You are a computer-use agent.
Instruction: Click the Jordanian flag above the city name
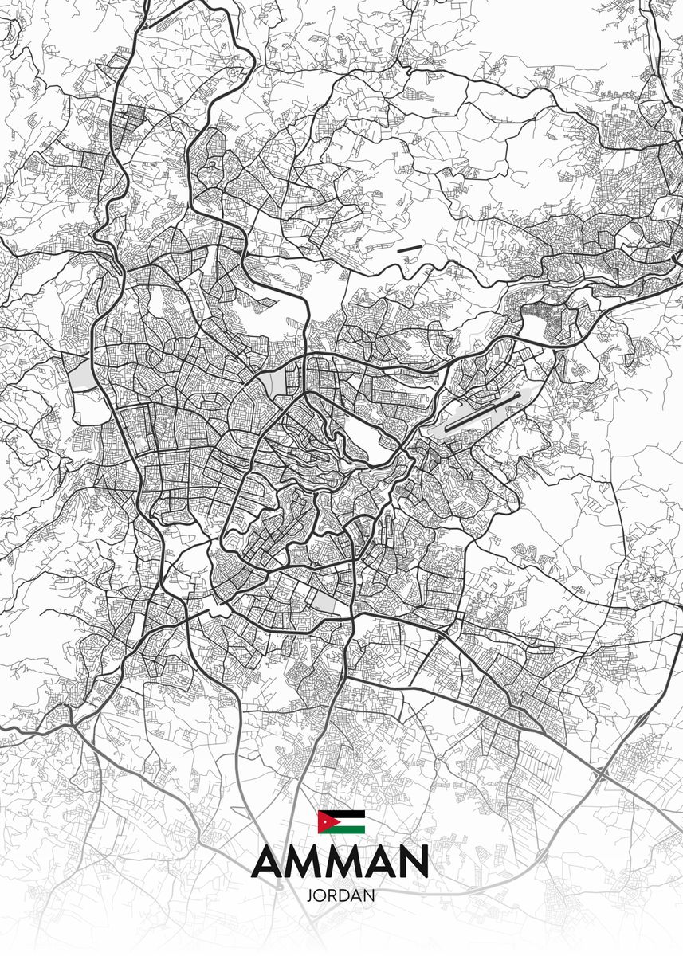click(x=341, y=821)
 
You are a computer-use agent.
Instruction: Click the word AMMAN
click(x=341, y=861)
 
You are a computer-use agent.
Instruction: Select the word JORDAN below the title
click(x=340, y=895)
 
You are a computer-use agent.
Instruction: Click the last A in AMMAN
click(x=377, y=862)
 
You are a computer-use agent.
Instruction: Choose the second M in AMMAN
click(x=341, y=862)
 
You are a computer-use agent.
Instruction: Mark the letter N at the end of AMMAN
click(x=414, y=862)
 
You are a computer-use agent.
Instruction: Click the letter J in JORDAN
click(x=309, y=895)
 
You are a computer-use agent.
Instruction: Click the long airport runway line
click(x=483, y=411)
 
